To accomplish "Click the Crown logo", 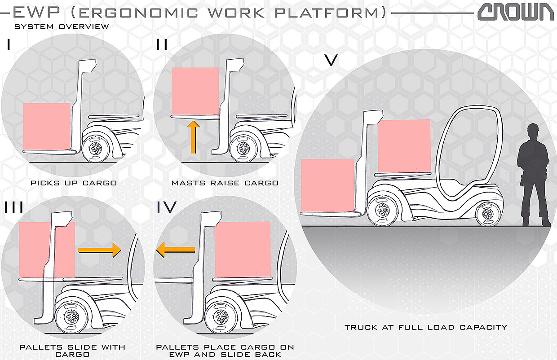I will point(516,12).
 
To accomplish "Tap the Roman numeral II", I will point(162,45).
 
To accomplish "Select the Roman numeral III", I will point(14,207).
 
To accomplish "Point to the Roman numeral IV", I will point(167,207).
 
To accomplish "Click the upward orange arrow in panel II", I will point(194,136).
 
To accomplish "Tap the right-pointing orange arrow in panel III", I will point(100,250).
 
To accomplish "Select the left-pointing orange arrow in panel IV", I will point(176,250).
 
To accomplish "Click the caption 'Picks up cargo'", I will point(74,183).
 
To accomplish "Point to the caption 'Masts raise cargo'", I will point(225,183).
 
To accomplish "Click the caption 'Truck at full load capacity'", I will point(426,327).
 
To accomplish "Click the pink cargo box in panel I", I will point(47,126).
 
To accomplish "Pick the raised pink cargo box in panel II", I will point(195,91).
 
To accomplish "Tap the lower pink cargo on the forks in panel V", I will point(327,184).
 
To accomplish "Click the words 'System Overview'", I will point(62,26).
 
